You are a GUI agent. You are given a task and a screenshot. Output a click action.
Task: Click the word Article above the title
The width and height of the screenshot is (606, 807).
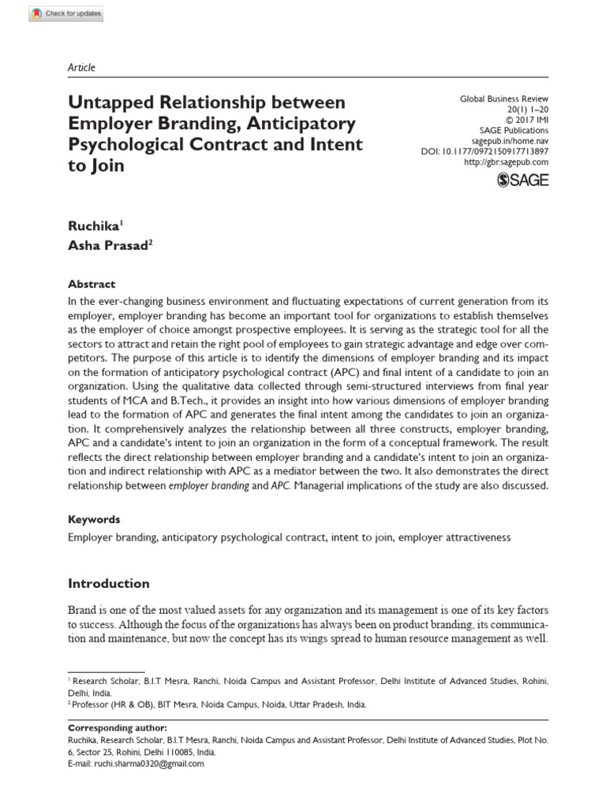(x=81, y=68)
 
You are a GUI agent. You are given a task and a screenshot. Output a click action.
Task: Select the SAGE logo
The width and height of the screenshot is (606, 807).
(x=522, y=180)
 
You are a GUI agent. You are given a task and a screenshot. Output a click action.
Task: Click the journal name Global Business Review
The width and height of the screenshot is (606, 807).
(x=503, y=100)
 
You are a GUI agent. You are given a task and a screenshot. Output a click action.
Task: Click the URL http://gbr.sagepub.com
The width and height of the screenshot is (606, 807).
(x=506, y=162)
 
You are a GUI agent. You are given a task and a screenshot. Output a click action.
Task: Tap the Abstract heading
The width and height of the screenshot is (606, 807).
(x=92, y=284)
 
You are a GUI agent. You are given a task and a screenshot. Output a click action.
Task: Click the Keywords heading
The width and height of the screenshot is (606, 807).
(x=94, y=519)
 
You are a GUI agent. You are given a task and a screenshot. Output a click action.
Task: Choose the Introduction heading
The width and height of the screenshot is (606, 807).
(x=108, y=584)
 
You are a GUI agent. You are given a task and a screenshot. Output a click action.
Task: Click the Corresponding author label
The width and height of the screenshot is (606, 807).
(x=118, y=727)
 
